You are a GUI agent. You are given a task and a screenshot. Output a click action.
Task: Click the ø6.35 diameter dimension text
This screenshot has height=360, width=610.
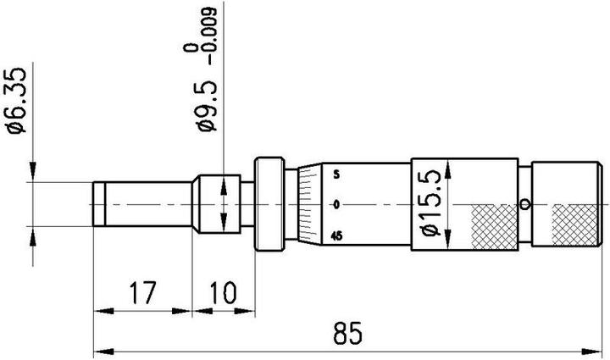coord(17,102)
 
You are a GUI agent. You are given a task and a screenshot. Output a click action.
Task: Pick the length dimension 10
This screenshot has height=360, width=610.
coord(223,295)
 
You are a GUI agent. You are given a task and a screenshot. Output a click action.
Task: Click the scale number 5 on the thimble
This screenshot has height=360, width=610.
coord(336,176)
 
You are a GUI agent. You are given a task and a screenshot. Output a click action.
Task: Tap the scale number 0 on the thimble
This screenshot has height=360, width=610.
coord(336,205)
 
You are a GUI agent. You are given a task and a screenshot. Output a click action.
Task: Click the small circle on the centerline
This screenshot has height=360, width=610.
coord(526,204)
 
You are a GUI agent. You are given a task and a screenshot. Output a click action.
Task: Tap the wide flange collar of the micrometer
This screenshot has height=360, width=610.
coord(269,204)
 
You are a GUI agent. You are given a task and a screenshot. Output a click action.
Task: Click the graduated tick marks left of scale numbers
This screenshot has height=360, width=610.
coord(310,205)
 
